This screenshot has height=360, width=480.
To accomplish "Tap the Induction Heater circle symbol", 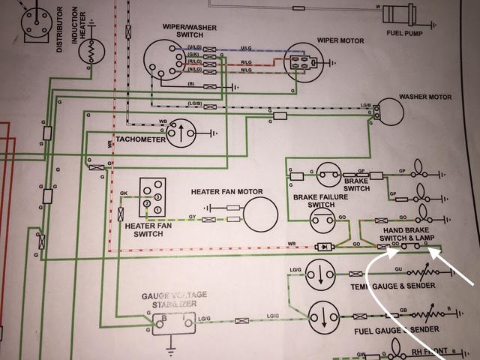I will coord(89,51).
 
